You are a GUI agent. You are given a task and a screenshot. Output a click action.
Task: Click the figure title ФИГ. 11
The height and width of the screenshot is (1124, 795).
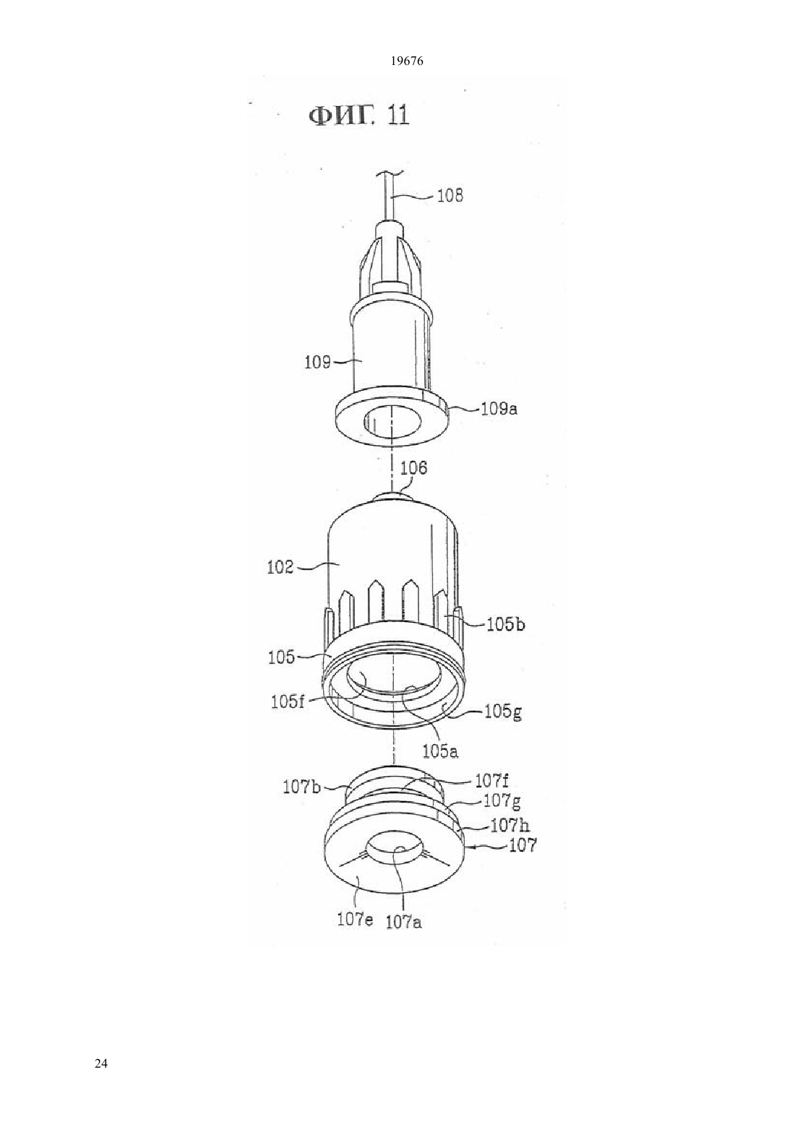tap(359, 116)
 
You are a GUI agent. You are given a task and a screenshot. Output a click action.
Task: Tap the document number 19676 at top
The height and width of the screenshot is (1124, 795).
tap(407, 61)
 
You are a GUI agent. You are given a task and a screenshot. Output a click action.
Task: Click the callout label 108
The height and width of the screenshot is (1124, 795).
tap(450, 195)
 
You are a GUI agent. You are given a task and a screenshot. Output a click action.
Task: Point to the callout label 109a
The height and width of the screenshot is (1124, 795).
tap(499, 409)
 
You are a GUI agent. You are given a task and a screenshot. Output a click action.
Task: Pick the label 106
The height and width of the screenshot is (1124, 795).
tap(413, 468)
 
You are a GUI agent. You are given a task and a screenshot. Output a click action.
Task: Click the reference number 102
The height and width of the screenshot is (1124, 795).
tap(280, 568)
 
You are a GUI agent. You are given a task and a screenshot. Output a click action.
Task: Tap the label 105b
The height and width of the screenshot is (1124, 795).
tap(506, 625)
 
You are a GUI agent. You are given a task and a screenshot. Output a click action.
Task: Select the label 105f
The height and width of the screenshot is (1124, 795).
tap(288, 702)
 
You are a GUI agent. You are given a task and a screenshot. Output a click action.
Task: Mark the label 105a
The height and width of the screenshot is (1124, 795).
tap(440, 751)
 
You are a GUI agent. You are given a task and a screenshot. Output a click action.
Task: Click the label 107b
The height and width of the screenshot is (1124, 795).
tap(301, 787)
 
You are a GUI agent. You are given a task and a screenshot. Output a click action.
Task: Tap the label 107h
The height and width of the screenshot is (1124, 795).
tap(510, 826)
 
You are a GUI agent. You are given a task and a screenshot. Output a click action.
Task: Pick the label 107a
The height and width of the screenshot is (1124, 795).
tap(403, 922)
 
